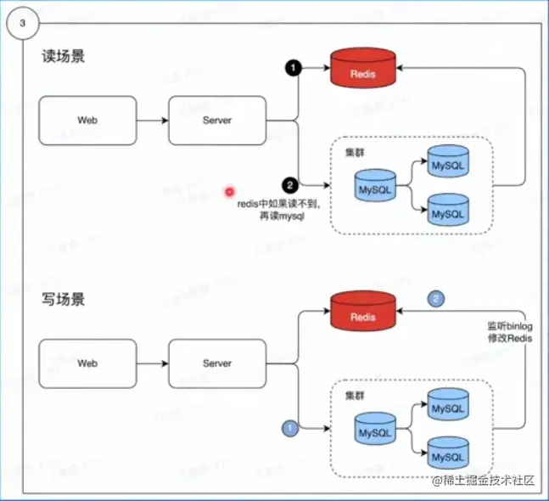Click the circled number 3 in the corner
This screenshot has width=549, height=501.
click(21, 20)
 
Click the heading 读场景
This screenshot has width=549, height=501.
click(64, 58)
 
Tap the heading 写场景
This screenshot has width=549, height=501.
click(64, 300)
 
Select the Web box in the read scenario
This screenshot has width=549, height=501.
click(87, 121)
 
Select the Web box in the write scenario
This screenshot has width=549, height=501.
click(87, 363)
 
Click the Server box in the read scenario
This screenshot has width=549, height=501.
click(217, 121)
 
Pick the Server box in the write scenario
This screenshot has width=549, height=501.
click(217, 363)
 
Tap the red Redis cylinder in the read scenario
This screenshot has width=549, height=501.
click(362, 71)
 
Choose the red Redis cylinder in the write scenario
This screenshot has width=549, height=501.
click(362, 314)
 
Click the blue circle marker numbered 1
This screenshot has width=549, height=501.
click(289, 429)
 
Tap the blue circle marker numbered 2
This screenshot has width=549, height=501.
click(436, 299)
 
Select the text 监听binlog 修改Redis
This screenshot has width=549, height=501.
click(507, 331)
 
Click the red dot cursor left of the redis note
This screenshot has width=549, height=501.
click(229, 192)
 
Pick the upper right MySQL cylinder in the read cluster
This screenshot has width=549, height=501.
click(448, 160)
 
